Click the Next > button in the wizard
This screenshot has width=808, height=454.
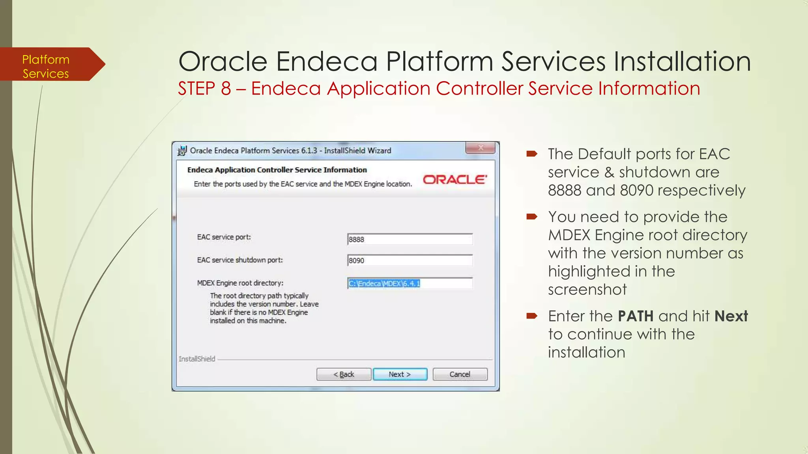[400, 374]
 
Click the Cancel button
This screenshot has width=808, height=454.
[460, 374]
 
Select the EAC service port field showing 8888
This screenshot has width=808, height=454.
[410, 239]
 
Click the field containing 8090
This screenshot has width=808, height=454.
[410, 260]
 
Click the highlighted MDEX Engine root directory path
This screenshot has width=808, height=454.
[384, 283]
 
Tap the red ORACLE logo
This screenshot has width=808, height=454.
[454, 180]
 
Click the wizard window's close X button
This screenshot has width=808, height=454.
[480, 148]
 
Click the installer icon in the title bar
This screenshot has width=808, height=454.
[182, 151]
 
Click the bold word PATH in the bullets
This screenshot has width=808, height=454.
[636, 316]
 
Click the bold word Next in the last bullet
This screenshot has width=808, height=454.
[731, 316]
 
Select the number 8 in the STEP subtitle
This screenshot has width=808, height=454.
[226, 88]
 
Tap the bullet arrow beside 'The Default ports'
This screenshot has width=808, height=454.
[531, 154]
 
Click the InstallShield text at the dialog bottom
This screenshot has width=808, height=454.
[197, 359]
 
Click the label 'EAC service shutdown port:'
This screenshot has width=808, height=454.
[240, 260]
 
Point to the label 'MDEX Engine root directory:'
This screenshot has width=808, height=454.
[240, 283]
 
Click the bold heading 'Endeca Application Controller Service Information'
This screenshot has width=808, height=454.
[277, 170]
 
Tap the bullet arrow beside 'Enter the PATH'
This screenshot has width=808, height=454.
[531, 316]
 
